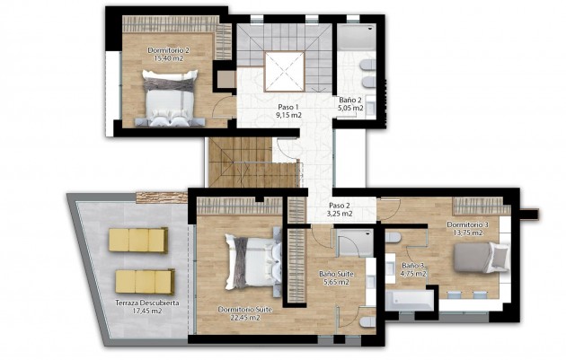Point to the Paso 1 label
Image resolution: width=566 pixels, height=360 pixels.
tap(287, 106)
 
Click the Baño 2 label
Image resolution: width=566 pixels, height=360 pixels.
tap(350, 100)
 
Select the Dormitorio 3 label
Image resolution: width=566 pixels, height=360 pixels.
tap(467, 224)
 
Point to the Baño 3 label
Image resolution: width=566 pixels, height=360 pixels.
tap(412, 266)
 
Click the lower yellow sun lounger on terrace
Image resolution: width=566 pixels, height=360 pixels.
tap(144, 281)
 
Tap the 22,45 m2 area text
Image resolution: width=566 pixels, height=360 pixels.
tap(244, 317)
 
